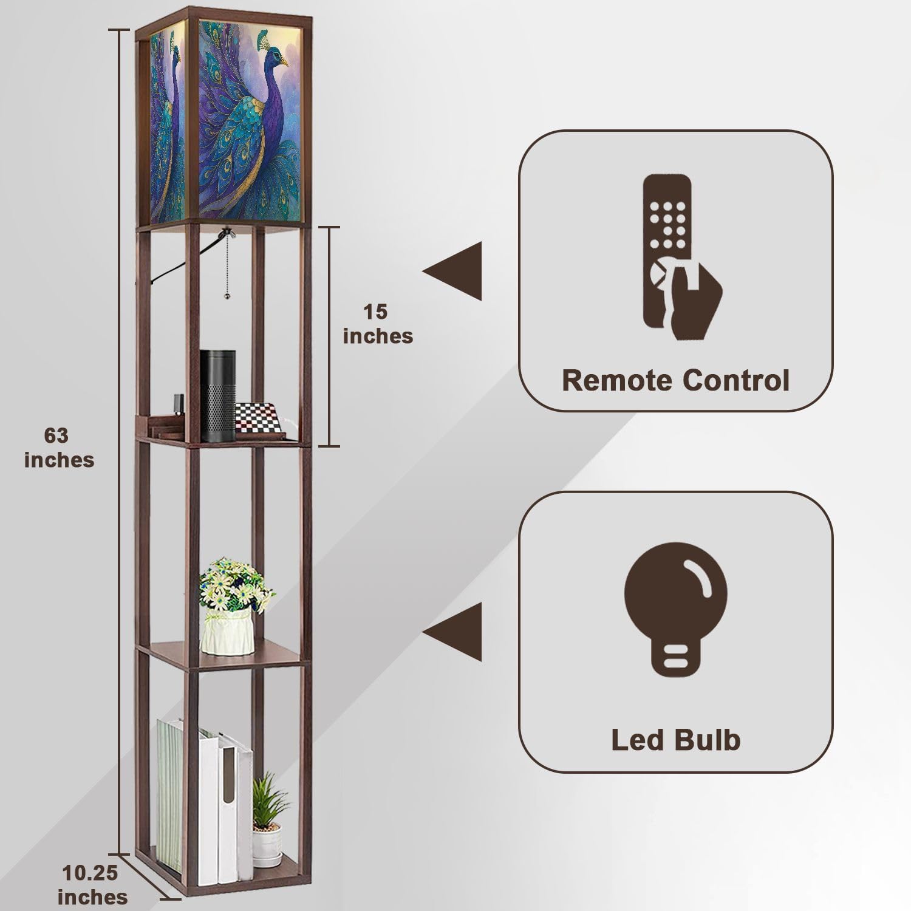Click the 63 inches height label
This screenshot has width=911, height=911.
[x=59, y=448]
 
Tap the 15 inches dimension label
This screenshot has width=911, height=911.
[x=378, y=324]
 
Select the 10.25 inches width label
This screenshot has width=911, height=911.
[x=92, y=885]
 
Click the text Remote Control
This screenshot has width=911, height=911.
[x=675, y=381]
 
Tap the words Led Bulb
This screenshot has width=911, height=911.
[x=675, y=740]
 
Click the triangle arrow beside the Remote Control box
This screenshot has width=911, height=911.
[x=452, y=271]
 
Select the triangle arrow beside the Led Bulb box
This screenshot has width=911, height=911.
[x=452, y=632]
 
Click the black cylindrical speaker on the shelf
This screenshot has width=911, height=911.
[x=218, y=395]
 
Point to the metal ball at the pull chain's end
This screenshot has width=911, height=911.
[x=227, y=296]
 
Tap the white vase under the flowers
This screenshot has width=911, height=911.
[x=227, y=632]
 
